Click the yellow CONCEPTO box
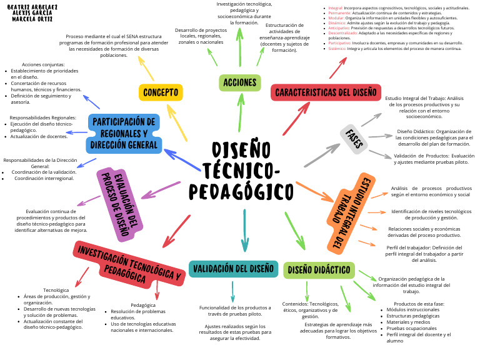pyautogui.click(x=161, y=92)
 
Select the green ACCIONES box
pyautogui.click(x=240, y=82)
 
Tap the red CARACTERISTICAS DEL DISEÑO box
pyautogui.click(x=326, y=92)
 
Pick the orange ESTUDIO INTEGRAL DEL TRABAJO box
pyautogui.click(x=344, y=214)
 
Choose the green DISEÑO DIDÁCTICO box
pyautogui.click(x=319, y=270)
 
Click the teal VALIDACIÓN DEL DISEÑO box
pyautogui.click(x=232, y=269)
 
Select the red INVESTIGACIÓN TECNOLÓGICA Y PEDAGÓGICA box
pyautogui.click(x=129, y=264)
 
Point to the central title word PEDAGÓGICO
pyautogui.click(x=242, y=190)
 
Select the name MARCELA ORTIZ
pyautogui.click(x=32, y=19)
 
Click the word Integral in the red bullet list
pyautogui.click(x=335, y=7)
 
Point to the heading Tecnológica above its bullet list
pyautogui.click(x=56, y=290)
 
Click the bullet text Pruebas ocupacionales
pyautogui.click(x=411, y=328)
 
